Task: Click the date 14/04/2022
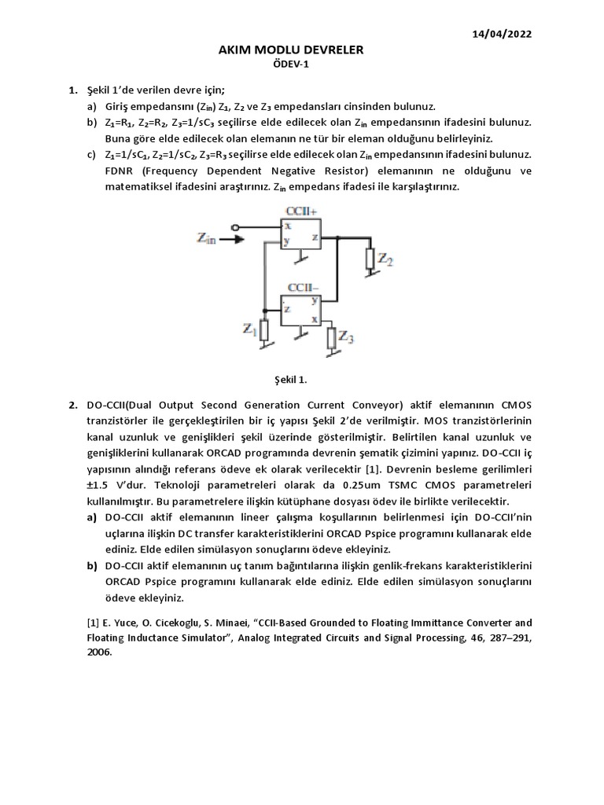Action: click(x=503, y=34)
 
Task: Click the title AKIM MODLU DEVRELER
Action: click(x=291, y=50)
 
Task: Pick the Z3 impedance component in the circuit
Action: click(x=330, y=339)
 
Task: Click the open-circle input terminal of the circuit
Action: click(x=235, y=226)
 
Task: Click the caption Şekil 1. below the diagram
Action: click(x=291, y=380)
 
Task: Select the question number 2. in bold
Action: click(x=73, y=405)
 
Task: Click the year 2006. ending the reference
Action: click(x=100, y=652)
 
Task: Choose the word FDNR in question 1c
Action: click(x=122, y=171)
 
